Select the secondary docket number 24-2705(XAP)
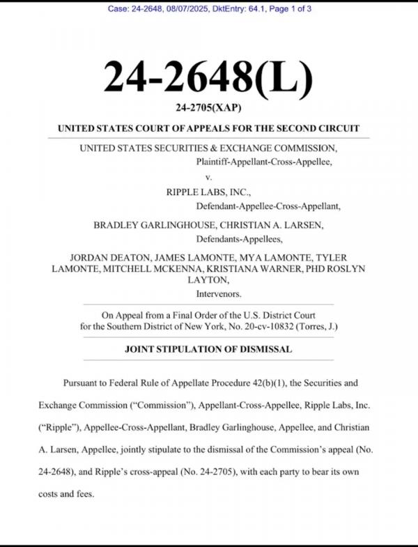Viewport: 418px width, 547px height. pos(208,108)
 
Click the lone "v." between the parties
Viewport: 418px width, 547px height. pos(208,177)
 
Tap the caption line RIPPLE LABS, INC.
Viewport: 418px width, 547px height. pos(208,192)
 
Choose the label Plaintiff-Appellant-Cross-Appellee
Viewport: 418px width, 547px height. pos(264,161)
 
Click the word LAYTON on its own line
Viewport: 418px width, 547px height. pos(208,279)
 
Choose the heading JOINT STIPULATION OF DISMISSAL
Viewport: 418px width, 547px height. pos(208,348)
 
